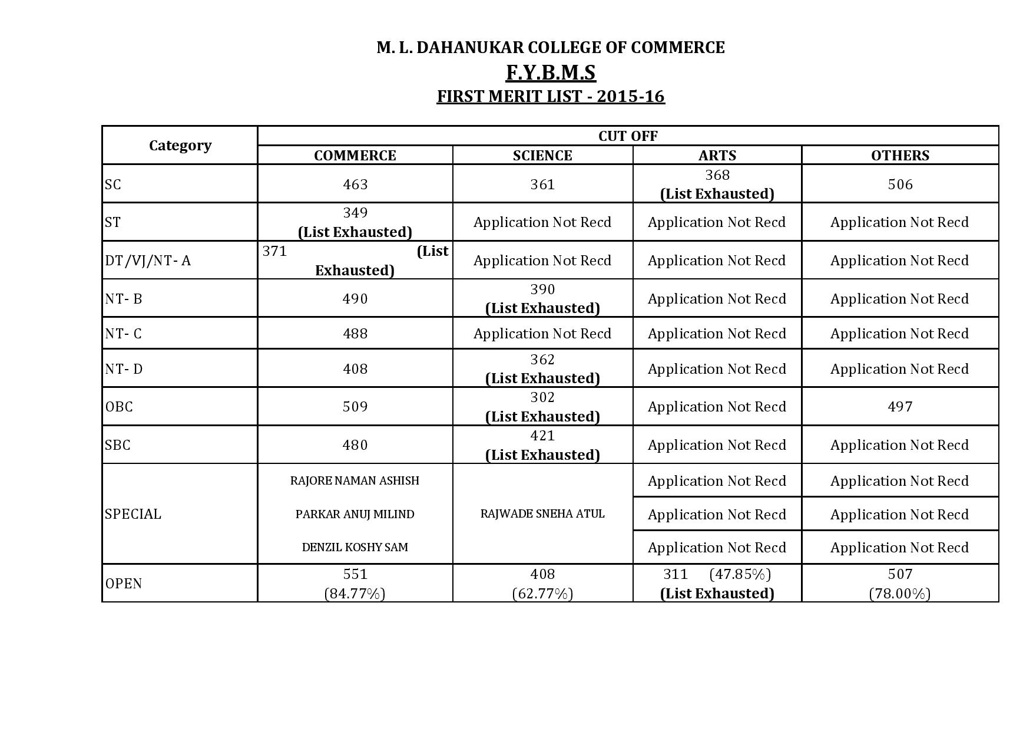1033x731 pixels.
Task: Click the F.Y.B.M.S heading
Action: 551,73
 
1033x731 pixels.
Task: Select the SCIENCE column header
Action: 542,155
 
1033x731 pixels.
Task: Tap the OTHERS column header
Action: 900,155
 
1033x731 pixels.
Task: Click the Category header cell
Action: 180,145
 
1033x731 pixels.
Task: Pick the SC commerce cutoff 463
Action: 355,185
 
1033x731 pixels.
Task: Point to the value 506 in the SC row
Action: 900,185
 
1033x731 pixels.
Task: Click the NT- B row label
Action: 124,299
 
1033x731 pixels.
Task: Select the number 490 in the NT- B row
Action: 355,299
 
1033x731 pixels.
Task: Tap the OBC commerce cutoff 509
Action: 355,407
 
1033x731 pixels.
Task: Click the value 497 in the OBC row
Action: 900,407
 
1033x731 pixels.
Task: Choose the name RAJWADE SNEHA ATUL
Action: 542,514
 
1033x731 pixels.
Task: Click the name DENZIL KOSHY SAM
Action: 355,547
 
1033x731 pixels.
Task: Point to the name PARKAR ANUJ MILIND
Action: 355,514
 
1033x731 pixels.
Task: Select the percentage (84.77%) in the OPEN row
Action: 355,593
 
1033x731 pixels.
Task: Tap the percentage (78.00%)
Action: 900,593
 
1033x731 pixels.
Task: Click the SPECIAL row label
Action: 133,514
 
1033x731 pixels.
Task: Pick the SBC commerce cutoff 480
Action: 355,445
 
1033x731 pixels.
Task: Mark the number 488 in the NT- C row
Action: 355,334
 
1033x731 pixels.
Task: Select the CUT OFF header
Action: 628,136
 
